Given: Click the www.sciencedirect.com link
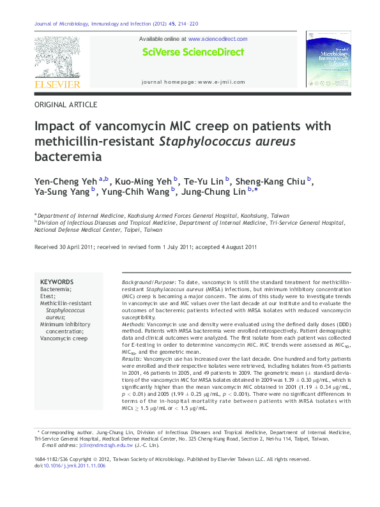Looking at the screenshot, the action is [x=218, y=39].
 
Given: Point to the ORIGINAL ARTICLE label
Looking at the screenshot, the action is [x=66, y=104].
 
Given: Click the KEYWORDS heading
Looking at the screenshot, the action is [x=57, y=282].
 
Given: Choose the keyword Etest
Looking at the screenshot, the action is [x=49, y=296].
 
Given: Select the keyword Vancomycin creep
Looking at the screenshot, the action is [x=64, y=338].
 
